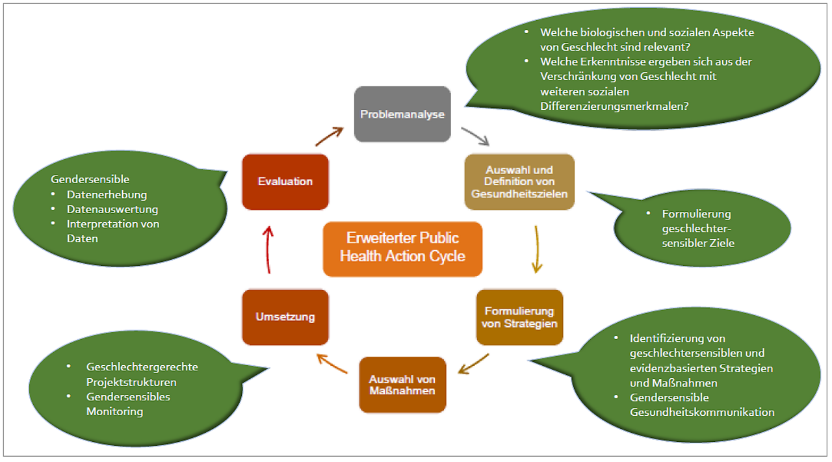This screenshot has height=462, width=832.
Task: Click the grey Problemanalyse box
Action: (402, 114)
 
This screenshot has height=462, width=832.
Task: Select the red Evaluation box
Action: (285, 181)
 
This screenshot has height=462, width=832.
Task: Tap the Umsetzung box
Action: (285, 316)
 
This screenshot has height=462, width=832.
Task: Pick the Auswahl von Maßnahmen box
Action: (402, 384)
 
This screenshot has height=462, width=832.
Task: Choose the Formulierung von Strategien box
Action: (519, 316)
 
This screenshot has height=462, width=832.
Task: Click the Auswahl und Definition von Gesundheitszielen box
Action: (519, 181)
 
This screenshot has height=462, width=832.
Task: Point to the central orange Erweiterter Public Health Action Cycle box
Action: (402, 248)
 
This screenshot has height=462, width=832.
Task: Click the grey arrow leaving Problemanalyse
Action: (476, 136)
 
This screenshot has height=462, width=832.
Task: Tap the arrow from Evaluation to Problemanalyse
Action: (330, 136)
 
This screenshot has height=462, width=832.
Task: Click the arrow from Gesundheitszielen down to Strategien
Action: (536, 250)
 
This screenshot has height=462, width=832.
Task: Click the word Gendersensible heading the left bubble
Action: (90, 179)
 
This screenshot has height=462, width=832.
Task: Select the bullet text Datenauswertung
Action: (112, 209)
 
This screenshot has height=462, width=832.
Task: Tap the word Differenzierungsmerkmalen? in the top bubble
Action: (614, 106)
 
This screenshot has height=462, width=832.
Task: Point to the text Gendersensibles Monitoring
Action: (128, 404)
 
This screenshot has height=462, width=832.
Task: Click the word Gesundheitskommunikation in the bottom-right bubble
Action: (702, 412)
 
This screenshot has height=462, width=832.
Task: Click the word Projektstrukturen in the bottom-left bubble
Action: (131, 382)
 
